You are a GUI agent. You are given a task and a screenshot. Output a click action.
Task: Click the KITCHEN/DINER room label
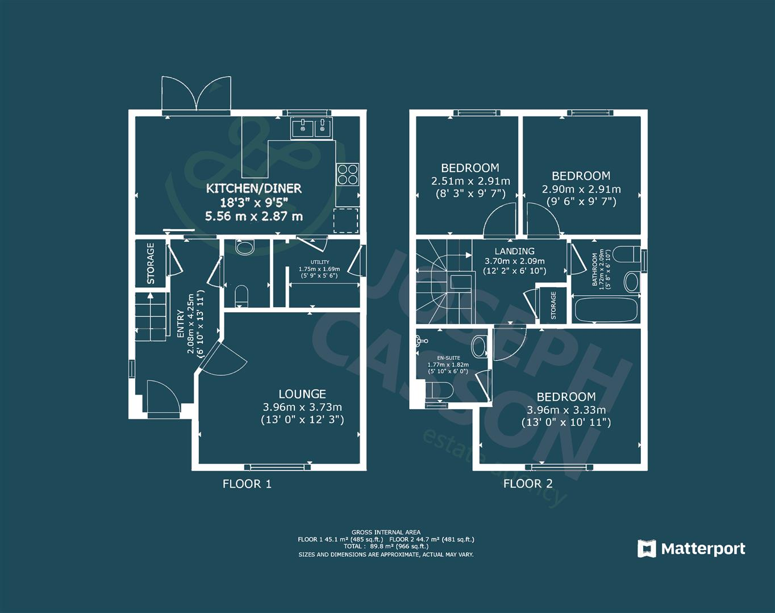(253, 188)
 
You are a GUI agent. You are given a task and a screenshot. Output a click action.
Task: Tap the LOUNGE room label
(302, 394)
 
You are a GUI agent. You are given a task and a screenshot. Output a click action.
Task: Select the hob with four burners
(348, 174)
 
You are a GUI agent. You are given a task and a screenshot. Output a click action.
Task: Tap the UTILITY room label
(319, 262)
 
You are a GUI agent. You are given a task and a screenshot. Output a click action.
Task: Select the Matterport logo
(691, 549)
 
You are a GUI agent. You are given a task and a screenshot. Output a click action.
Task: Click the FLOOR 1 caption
(247, 484)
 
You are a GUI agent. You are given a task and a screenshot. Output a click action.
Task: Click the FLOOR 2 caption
(528, 484)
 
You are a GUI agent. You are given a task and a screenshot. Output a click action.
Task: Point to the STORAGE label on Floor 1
(151, 263)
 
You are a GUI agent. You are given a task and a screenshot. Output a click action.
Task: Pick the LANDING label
(514, 251)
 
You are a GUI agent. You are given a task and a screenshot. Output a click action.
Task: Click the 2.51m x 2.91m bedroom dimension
(470, 182)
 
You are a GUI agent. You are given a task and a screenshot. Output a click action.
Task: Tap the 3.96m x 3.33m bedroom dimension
(566, 410)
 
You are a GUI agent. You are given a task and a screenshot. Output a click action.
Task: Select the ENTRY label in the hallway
(181, 324)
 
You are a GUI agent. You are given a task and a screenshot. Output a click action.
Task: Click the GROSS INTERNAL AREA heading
(386, 532)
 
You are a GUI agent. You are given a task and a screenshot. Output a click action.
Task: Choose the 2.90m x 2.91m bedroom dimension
(581, 190)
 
